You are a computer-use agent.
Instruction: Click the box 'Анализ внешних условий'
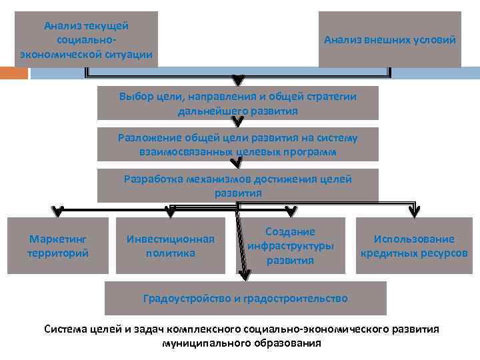389,40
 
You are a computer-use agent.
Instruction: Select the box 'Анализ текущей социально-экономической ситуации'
86,40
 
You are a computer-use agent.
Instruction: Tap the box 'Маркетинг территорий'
58,246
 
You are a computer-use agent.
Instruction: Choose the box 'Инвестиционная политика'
171,246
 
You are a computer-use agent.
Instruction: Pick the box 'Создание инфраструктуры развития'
291,246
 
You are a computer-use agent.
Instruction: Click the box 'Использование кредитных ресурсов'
414,246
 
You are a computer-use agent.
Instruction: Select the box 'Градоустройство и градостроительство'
245,298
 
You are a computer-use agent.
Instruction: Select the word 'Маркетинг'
58,239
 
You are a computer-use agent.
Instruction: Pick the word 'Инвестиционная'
171,239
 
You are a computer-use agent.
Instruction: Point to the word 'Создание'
291,232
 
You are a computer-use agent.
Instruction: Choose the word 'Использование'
414,239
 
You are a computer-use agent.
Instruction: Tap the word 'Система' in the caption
63,329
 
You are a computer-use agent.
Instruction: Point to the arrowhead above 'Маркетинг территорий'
58,212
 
